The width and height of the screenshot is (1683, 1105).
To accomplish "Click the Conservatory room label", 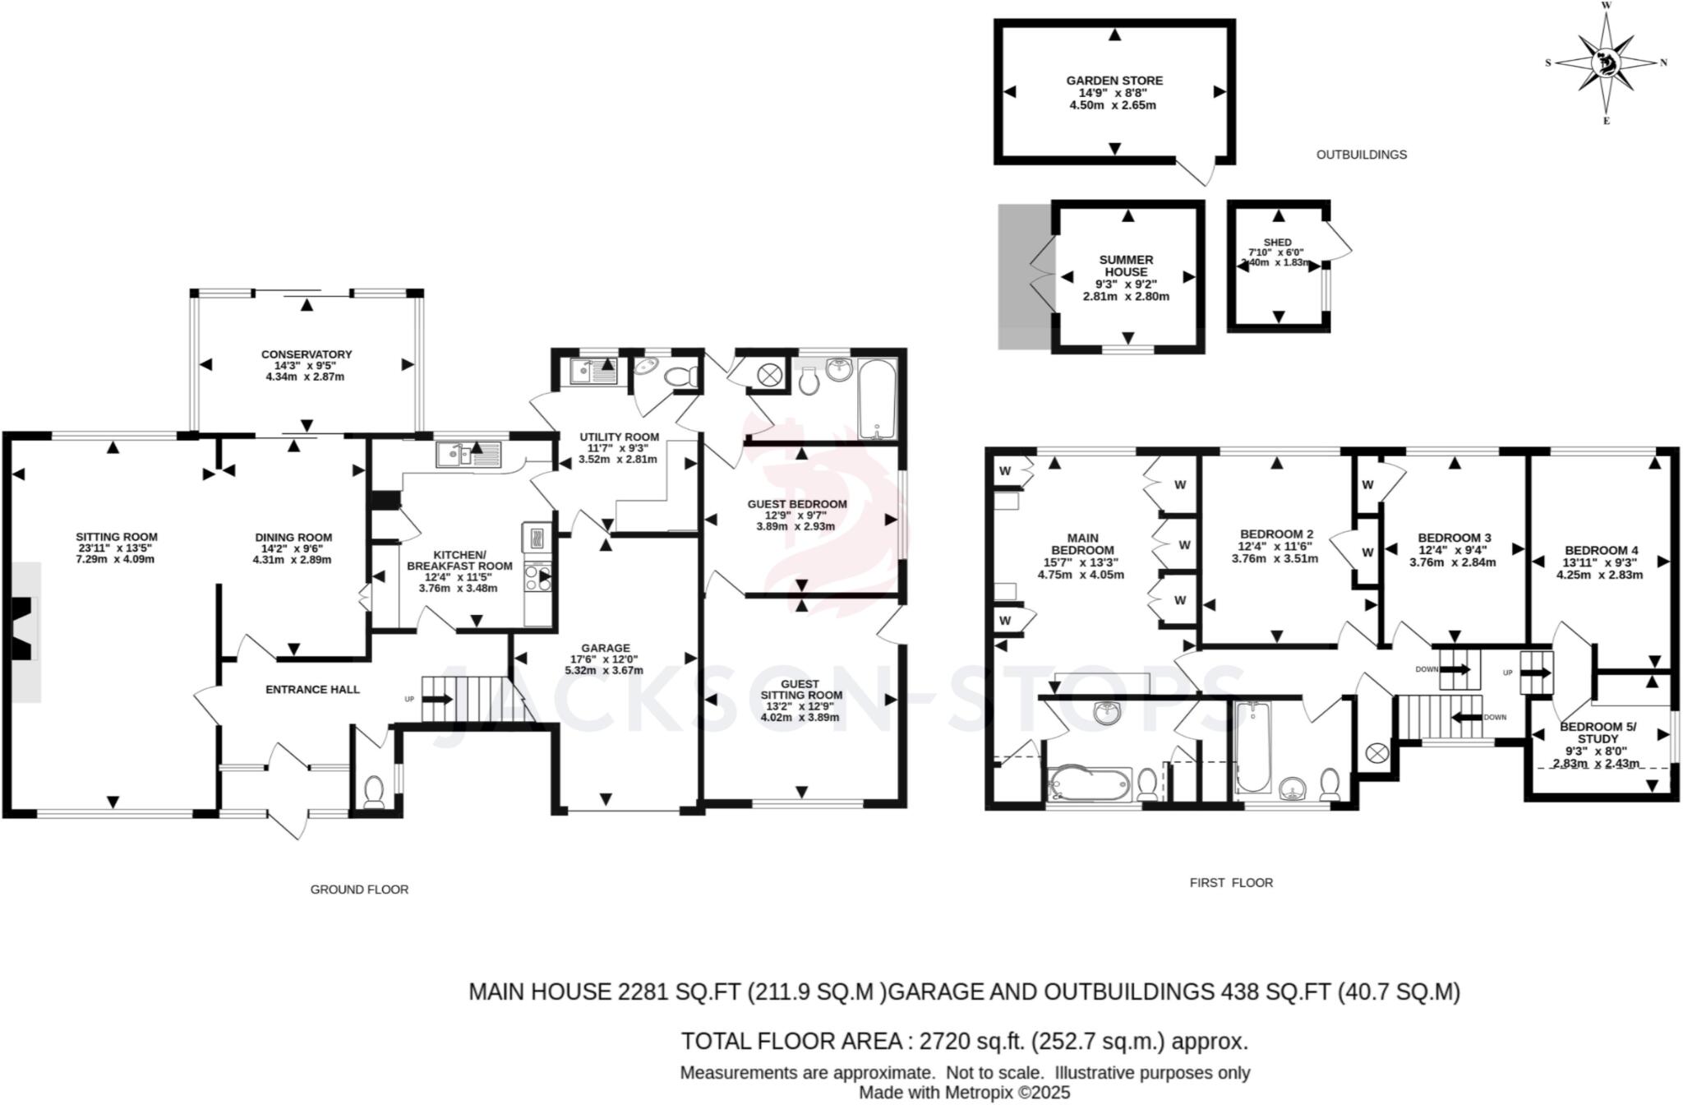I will click(306, 354).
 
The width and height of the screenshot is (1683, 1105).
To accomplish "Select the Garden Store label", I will click(1114, 81).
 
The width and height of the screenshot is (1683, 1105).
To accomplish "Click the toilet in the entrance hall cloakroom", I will click(374, 791).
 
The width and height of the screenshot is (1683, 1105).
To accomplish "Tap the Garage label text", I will click(605, 648).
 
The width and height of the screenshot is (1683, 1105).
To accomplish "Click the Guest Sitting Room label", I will click(800, 689).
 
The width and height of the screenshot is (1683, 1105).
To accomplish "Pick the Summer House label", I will click(1126, 266).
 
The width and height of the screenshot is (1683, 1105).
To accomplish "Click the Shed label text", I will click(1277, 243).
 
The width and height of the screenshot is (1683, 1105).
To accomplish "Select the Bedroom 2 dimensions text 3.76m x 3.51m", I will click(1275, 558).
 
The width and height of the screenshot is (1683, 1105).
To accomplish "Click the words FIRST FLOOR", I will click(1230, 883).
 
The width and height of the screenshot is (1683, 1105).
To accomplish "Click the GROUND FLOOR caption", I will click(359, 890).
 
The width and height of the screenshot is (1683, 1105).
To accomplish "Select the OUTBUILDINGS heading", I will click(1361, 155).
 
